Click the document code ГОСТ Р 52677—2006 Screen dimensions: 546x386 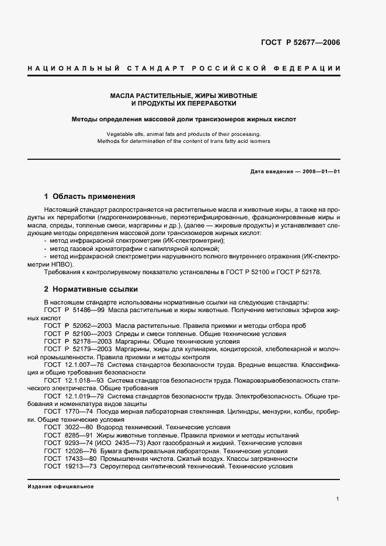pyautogui.click(x=299, y=42)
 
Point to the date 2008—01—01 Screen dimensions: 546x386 pyautogui.click(x=319, y=171)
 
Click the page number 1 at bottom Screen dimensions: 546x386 pyautogui.click(x=338, y=499)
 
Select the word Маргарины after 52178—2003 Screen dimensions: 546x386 pyautogui.click(x=134, y=341)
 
